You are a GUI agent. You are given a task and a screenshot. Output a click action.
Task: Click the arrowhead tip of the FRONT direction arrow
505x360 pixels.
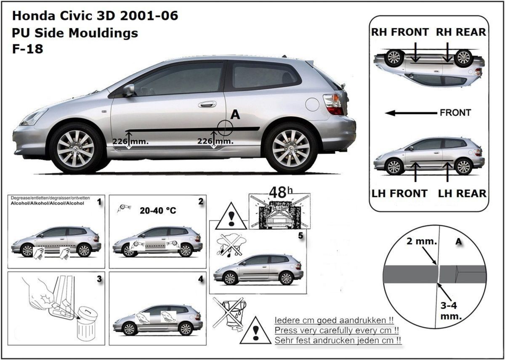(385, 113)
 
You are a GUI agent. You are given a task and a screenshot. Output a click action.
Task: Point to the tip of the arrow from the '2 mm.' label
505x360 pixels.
(437, 265)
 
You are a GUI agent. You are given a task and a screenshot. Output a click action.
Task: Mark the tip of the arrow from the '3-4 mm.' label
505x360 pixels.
(438, 283)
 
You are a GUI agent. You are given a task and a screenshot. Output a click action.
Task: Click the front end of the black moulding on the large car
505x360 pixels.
(125, 131)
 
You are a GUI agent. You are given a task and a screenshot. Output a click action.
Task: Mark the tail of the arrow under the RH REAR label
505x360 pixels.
(447, 43)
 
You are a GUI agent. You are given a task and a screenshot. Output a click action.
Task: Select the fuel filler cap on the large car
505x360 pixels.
(312, 104)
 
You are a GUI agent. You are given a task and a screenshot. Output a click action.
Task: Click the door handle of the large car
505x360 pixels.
(207, 104)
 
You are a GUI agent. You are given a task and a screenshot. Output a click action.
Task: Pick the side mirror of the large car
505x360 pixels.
(128, 90)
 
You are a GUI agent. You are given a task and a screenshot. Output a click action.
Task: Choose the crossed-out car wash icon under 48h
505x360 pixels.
(279, 211)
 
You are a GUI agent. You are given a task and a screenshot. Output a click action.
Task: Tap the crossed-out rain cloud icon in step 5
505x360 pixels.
(231, 245)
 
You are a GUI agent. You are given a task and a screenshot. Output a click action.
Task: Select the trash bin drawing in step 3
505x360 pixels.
(87, 325)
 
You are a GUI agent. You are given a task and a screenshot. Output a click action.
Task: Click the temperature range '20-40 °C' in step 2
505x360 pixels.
(158, 211)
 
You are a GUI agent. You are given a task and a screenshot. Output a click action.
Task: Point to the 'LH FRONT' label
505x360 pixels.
(399, 194)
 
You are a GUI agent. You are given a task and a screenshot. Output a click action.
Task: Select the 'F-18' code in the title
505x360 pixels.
(27, 49)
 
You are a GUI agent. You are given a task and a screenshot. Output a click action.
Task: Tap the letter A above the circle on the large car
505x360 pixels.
(235, 115)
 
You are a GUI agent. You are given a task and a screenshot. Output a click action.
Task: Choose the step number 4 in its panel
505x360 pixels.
(200, 279)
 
